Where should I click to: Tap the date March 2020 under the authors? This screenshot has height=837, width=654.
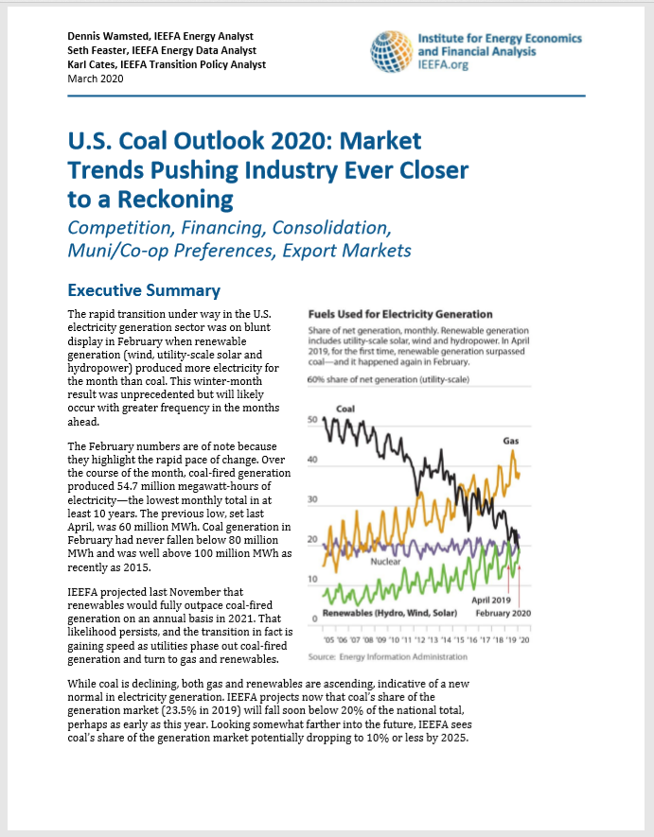[x=95, y=78]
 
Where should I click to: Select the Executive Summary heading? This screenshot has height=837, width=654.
[x=144, y=290]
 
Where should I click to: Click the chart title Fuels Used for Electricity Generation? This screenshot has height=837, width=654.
[x=400, y=313]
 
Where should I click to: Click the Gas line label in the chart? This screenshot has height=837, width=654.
[x=511, y=441]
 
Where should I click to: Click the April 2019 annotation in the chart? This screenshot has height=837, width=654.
[x=491, y=599]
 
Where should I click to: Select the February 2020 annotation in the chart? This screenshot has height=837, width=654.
[x=503, y=613]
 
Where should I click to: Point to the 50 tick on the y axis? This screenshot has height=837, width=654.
[x=314, y=419]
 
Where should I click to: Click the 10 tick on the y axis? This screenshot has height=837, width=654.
[x=314, y=578]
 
